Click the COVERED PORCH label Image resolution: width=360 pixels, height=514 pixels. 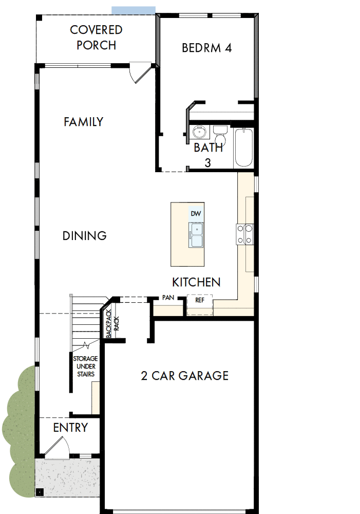(97, 38)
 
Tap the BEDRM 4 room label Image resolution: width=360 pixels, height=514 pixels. (207, 48)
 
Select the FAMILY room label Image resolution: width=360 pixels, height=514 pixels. (83, 122)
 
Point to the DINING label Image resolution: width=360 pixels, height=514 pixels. (85, 235)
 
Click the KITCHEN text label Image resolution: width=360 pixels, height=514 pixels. (196, 282)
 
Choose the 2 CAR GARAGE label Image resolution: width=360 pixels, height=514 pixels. (185, 376)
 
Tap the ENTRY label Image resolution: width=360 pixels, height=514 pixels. (70, 428)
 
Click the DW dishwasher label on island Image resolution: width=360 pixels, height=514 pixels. (195, 213)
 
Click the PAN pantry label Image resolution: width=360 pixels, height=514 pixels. (168, 298)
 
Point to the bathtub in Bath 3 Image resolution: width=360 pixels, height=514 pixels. (244, 148)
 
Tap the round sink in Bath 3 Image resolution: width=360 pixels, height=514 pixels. (199, 133)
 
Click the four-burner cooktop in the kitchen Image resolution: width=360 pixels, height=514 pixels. (244, 234)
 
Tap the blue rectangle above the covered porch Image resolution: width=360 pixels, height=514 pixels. (134, 10)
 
